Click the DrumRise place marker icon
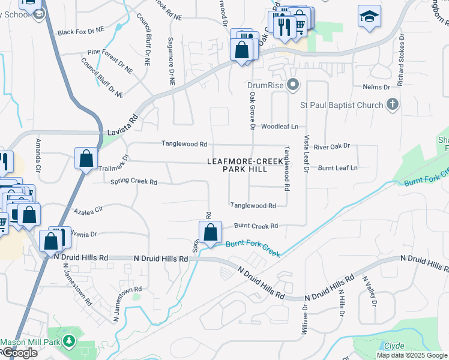293,85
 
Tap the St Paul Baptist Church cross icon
393,105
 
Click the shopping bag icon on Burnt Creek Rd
210,232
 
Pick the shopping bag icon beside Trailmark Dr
86,159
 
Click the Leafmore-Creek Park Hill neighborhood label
245,166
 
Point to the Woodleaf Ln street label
280,127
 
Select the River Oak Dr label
331,146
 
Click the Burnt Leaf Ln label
337,168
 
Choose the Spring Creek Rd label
133,182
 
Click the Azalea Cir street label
89,211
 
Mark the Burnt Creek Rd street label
256,226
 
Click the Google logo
19,353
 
